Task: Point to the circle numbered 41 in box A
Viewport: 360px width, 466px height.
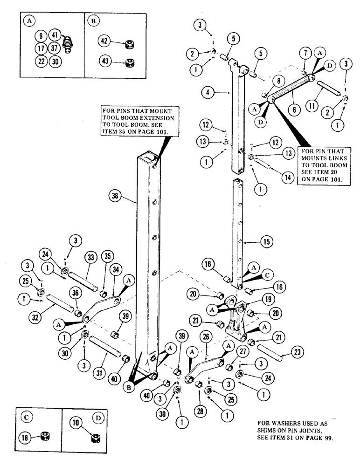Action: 55,35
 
